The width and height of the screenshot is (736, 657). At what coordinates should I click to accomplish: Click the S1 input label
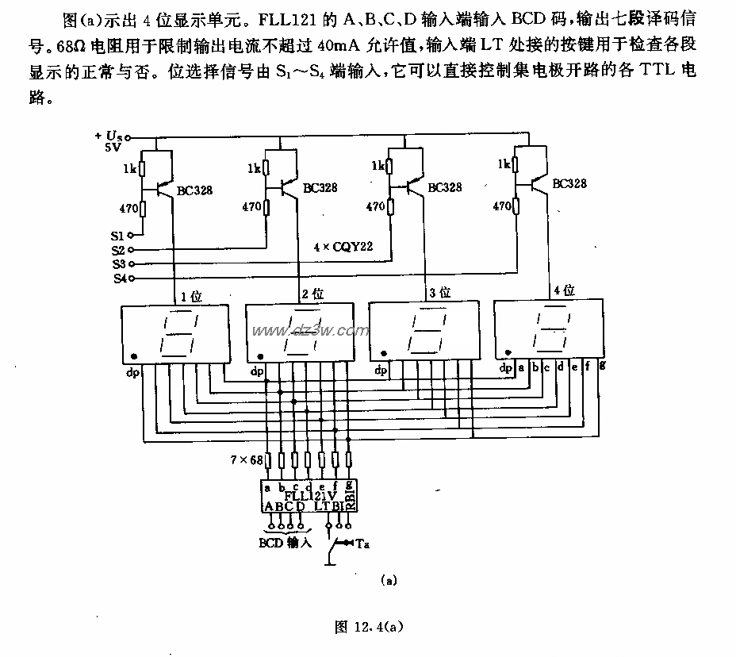click(x=117, y=236)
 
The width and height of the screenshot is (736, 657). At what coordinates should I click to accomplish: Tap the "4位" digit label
click(x=564, y=291)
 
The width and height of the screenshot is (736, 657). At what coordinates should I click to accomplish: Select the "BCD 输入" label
click(x=286, y=544)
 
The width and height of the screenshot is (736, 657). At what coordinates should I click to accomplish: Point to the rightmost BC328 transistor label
click(x=569, y=183)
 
